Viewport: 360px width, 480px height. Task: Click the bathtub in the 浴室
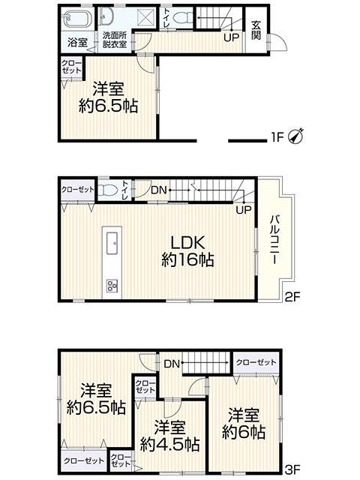click(77, 18)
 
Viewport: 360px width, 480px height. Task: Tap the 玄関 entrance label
click(256, 30)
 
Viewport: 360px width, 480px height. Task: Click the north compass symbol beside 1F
click(296, 136)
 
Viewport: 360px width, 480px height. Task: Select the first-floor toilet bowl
click(182, 17)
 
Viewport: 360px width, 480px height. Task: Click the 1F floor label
click(277, 137)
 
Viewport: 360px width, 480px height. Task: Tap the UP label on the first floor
click(231, 38)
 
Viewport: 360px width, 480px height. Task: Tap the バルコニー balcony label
click(274, 239)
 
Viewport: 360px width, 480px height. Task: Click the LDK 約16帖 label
click(187, 252)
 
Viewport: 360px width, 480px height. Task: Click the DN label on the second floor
click(158, 190)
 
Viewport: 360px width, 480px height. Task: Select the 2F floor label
click(292, 297)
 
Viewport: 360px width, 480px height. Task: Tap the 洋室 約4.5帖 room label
click(170, 436)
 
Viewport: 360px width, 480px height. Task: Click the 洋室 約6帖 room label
click(244, 424)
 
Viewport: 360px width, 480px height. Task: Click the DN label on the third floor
click(172, 364)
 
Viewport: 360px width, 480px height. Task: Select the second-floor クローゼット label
click(78, 190)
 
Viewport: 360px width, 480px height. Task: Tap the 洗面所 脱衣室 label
click(115, 40)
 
